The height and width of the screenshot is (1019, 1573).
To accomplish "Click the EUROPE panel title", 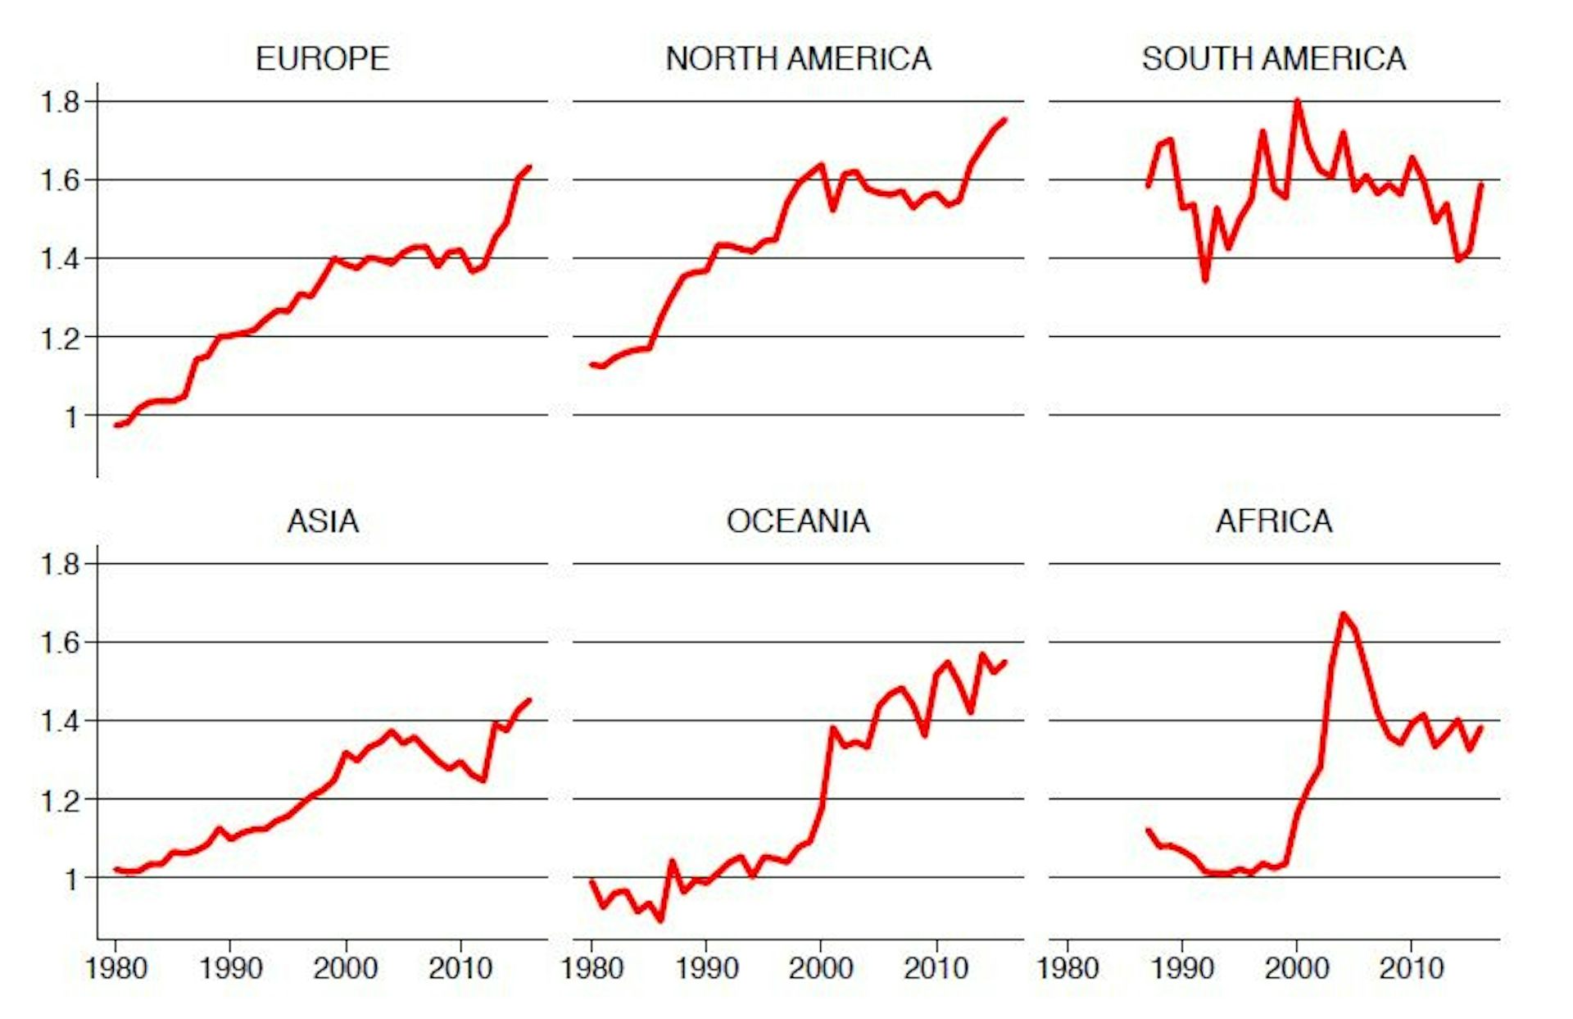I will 322,59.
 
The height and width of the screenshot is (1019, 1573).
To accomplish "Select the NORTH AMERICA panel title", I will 798,59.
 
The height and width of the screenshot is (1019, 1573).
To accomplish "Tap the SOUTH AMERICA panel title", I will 1274,59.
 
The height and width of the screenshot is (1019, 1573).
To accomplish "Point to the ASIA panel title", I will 322,521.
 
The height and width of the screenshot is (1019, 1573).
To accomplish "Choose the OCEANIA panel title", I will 798,521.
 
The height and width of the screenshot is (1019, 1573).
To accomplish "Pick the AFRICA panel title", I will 1274,521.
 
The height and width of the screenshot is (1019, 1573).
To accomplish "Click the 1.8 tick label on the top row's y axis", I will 61,102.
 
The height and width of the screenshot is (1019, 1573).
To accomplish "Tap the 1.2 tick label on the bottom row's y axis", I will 61,800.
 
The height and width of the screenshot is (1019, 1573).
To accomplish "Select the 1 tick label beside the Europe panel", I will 72,416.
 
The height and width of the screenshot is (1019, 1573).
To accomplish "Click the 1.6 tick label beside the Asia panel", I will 61,643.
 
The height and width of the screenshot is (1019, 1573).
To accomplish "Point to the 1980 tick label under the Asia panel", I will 116,968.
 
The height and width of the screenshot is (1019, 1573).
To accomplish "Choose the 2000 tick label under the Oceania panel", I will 820,968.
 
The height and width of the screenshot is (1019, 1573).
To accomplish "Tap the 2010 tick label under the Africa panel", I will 1411,968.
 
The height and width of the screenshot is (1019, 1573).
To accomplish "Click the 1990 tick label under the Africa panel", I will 1181,968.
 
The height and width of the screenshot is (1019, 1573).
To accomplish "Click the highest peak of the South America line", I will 1297,101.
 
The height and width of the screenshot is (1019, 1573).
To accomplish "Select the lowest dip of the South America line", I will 1205,280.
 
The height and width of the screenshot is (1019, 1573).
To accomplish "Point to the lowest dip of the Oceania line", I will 660,921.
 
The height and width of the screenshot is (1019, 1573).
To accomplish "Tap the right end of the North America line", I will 1004,120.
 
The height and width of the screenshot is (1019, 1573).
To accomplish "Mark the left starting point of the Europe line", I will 116,425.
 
